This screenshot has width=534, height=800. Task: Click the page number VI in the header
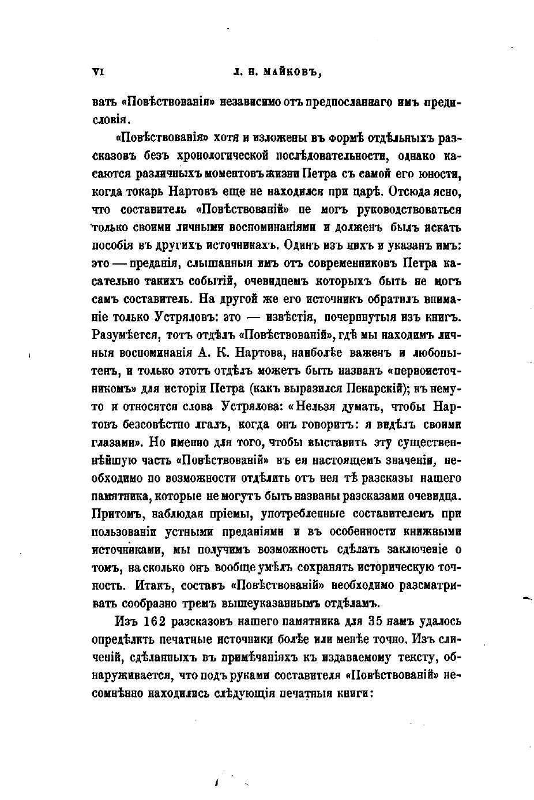97,72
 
